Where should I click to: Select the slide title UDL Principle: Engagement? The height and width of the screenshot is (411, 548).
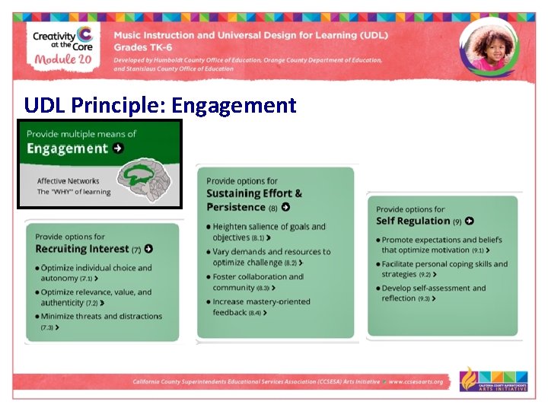[x=160, y=104]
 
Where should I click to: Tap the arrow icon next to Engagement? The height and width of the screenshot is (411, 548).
[x=118, y=148]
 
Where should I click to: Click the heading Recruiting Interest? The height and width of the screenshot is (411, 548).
[x=82, y=249]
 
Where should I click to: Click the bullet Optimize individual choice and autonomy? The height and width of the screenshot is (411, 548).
[x=94, y=273]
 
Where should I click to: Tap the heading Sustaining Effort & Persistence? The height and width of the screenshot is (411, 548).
[x=254, y=200]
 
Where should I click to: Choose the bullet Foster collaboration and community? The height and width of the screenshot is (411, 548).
[x=256, y=282]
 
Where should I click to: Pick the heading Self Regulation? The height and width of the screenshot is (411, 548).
[x=413, y=221]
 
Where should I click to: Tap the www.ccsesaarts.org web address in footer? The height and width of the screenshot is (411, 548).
[x=416, y=382]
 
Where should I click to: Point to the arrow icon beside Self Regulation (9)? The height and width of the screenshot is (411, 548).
[x=470, y=221]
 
